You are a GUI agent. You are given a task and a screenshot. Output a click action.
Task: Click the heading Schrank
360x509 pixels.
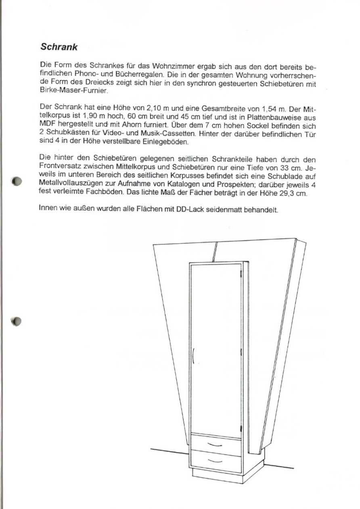click(x=59, y=47)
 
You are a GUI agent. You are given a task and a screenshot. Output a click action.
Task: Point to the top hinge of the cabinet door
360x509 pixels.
click(x=241, y=275)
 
